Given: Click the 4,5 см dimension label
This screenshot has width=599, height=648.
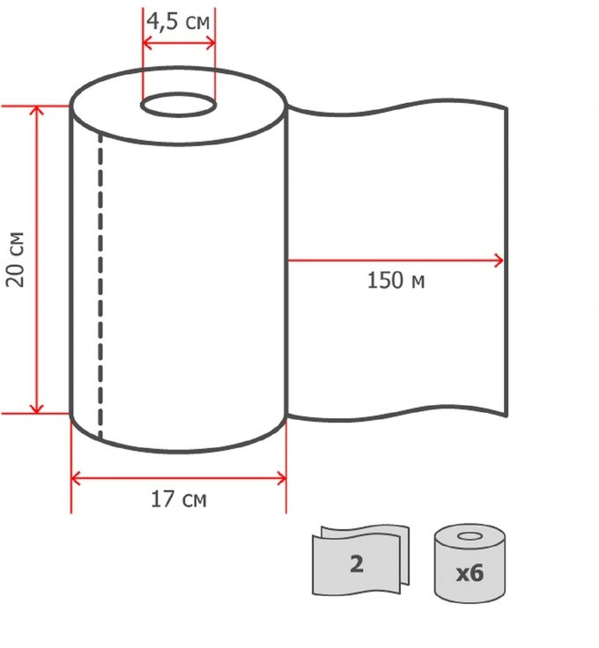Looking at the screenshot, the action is point(178,21).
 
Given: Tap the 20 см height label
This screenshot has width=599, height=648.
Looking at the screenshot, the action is point(15,260).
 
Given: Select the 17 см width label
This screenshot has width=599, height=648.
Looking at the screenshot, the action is point(179,499).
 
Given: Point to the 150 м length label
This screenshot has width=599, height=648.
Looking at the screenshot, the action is point(396,280).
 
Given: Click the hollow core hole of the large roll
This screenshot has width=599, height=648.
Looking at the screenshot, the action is point(179,105).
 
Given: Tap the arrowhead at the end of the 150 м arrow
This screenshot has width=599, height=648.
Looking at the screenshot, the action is point(499,261).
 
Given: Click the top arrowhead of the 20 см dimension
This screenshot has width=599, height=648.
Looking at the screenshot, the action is point(37,109).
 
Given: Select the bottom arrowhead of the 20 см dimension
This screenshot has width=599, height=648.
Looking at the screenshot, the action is point(37,409).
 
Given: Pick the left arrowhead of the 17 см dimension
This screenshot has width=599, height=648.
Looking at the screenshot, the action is point(75,479).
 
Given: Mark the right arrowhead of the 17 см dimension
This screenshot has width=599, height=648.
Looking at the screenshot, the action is point(282,479).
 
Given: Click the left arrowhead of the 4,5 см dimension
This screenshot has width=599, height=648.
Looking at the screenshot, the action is point(147,42).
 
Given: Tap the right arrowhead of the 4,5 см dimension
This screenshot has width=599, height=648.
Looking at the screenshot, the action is point(211,42).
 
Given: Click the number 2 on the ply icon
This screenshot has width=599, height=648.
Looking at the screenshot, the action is point(357,563).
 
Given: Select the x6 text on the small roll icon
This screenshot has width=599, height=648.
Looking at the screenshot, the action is point(470,573).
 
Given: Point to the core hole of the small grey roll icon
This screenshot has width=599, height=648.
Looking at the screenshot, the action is point(470,536).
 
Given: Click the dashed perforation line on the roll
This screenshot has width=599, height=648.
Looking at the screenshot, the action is point(100,285).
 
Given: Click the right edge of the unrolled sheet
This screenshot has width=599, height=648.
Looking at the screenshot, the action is point(506,262).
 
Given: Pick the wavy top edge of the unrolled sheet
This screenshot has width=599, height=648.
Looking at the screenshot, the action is point(397,107).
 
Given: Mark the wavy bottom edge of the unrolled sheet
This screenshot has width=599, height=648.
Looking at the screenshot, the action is point(397,413).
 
